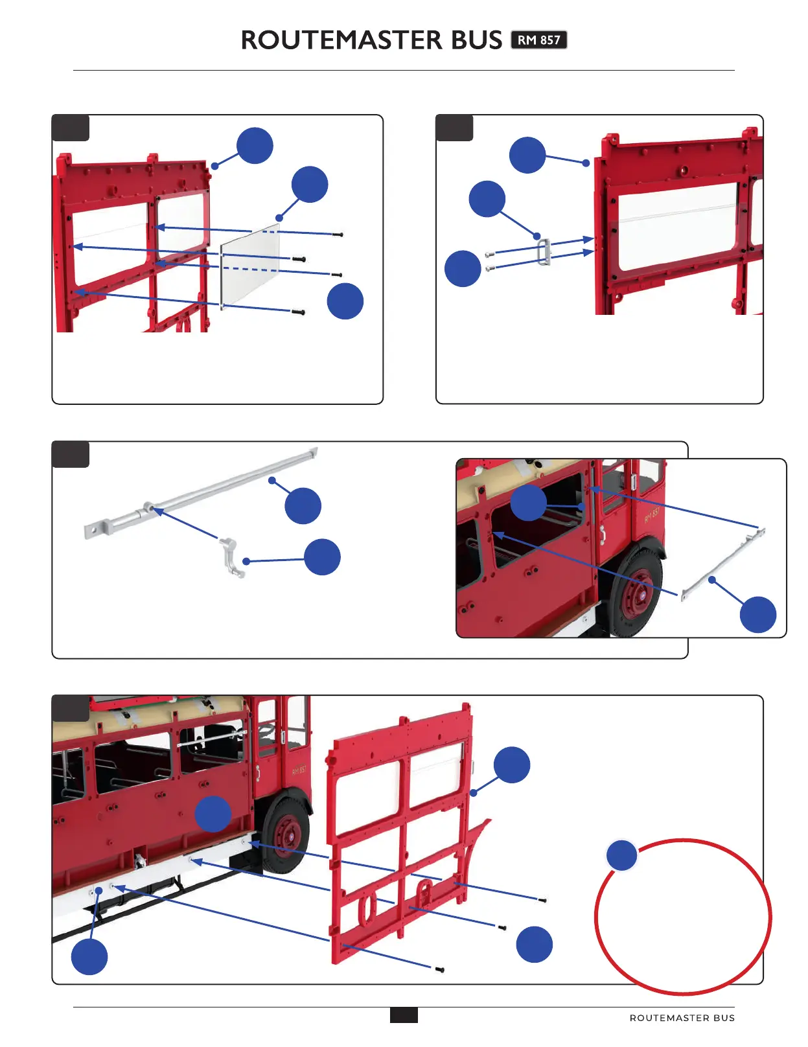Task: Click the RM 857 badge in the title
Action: pyautogui.click(x=538, y=40)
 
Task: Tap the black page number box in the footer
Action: pyautogui.click(x=404, y=1015)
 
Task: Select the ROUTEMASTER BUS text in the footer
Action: pyautogui.click(x=682, y=1018)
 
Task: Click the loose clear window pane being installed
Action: pyautogui.click(x=250, y=264)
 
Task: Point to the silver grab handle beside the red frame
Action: pyautogui.click(x=544, y=252)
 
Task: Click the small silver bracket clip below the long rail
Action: pyautogui.click(x=232, y=557)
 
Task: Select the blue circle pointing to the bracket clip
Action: pyautogui.click(x=322, y=557)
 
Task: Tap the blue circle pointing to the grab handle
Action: pyautogui.click(x=487, y=199)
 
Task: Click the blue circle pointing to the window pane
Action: pyautogui.click(x=310, y=185)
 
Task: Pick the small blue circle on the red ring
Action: pyautogui.click(x=621, y=855)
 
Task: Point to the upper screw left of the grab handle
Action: pyautogui.click(x=491, y=254)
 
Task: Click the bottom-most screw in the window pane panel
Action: pyautogui.click(x=298, y=312)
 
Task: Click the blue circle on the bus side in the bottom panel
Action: pyautogui.click(x=213, y=814)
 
